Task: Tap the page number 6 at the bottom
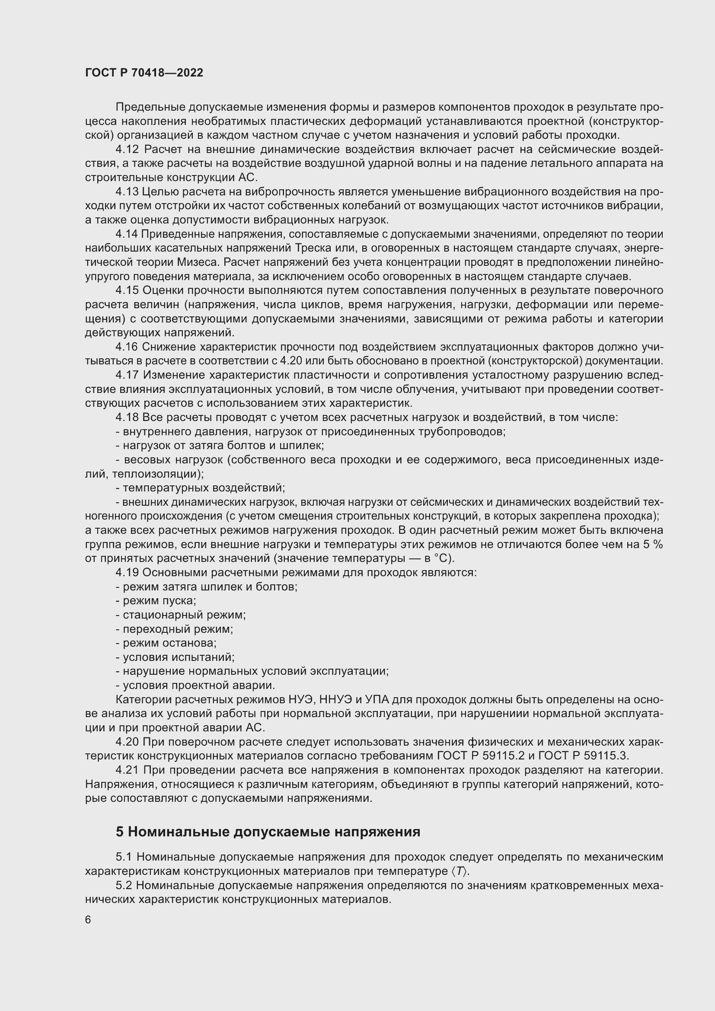[88, 920]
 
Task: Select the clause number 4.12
[127, 150]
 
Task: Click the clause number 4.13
[127, 192]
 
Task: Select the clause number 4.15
[127, 290]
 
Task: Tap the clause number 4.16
[127, 347]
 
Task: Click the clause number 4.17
[127, 375]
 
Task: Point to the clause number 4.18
[127, 418]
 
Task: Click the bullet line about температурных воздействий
[200, 488]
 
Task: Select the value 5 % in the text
[653, 544]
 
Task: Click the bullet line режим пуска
[156, 601]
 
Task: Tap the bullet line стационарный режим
[181, 615]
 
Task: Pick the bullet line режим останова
[166, 643]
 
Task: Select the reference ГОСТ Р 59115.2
[480, 756]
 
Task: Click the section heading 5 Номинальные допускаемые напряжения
[268, 832]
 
